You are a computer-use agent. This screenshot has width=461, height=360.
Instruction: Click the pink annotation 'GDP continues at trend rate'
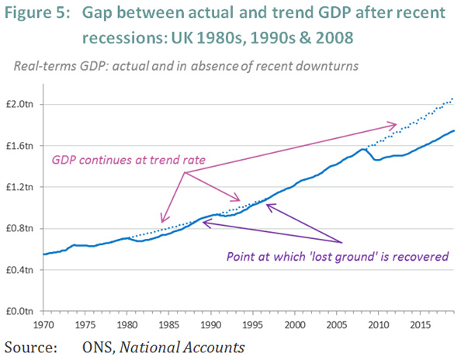(x=128, y=160)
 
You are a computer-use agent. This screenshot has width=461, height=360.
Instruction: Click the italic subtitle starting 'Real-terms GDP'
(x=185, y=66)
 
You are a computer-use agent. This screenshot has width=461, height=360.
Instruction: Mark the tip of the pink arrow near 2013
(x=397, y=123)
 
